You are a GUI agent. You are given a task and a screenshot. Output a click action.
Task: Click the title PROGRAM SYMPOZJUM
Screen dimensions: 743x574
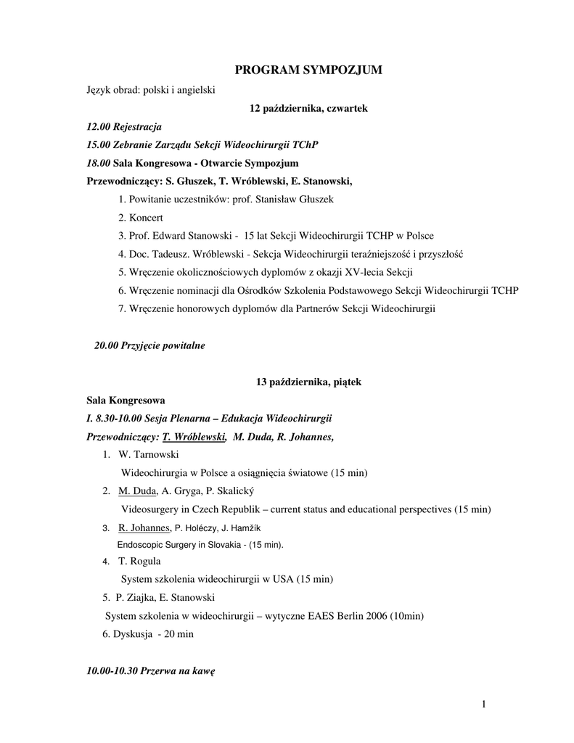point(308,70)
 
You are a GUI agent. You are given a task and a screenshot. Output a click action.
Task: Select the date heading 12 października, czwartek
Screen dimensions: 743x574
point(308,108)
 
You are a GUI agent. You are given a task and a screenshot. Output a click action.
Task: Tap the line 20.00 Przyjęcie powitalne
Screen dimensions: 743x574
point(149,346)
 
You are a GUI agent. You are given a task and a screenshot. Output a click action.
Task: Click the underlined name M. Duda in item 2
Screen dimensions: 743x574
point(132,491)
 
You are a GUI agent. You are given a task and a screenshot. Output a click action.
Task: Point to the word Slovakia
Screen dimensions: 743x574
point(218,544)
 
